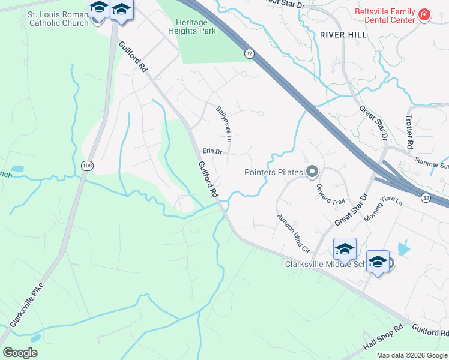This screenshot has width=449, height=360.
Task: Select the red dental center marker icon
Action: point(424,14)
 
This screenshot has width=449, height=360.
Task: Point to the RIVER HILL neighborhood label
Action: point(343,35)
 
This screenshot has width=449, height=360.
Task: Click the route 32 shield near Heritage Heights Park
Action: point(249,54)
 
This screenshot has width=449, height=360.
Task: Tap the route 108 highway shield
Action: point(86,165)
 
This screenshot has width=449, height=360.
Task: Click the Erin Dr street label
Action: point(212,152)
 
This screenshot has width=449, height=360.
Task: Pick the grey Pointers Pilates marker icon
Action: point(312,173)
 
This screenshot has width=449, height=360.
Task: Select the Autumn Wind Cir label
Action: point(292,233)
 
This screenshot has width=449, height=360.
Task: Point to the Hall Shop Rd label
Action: point(382,340)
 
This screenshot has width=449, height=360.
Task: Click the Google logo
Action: point(20,352)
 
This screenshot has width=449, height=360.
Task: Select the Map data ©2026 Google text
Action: point(411,355)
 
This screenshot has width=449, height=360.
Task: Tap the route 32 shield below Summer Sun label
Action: point(426,197)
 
